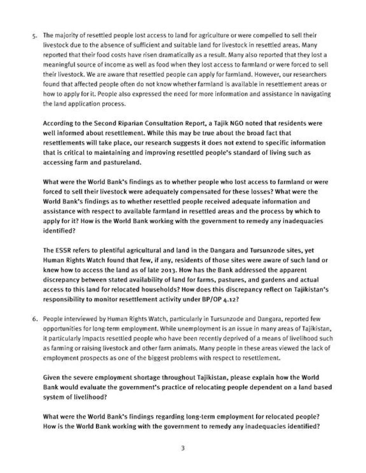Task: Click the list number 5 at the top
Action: click(34, 35)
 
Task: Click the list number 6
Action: click(34, 319)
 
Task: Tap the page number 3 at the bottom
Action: click(183, 448)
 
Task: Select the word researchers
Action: click(311, 75)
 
